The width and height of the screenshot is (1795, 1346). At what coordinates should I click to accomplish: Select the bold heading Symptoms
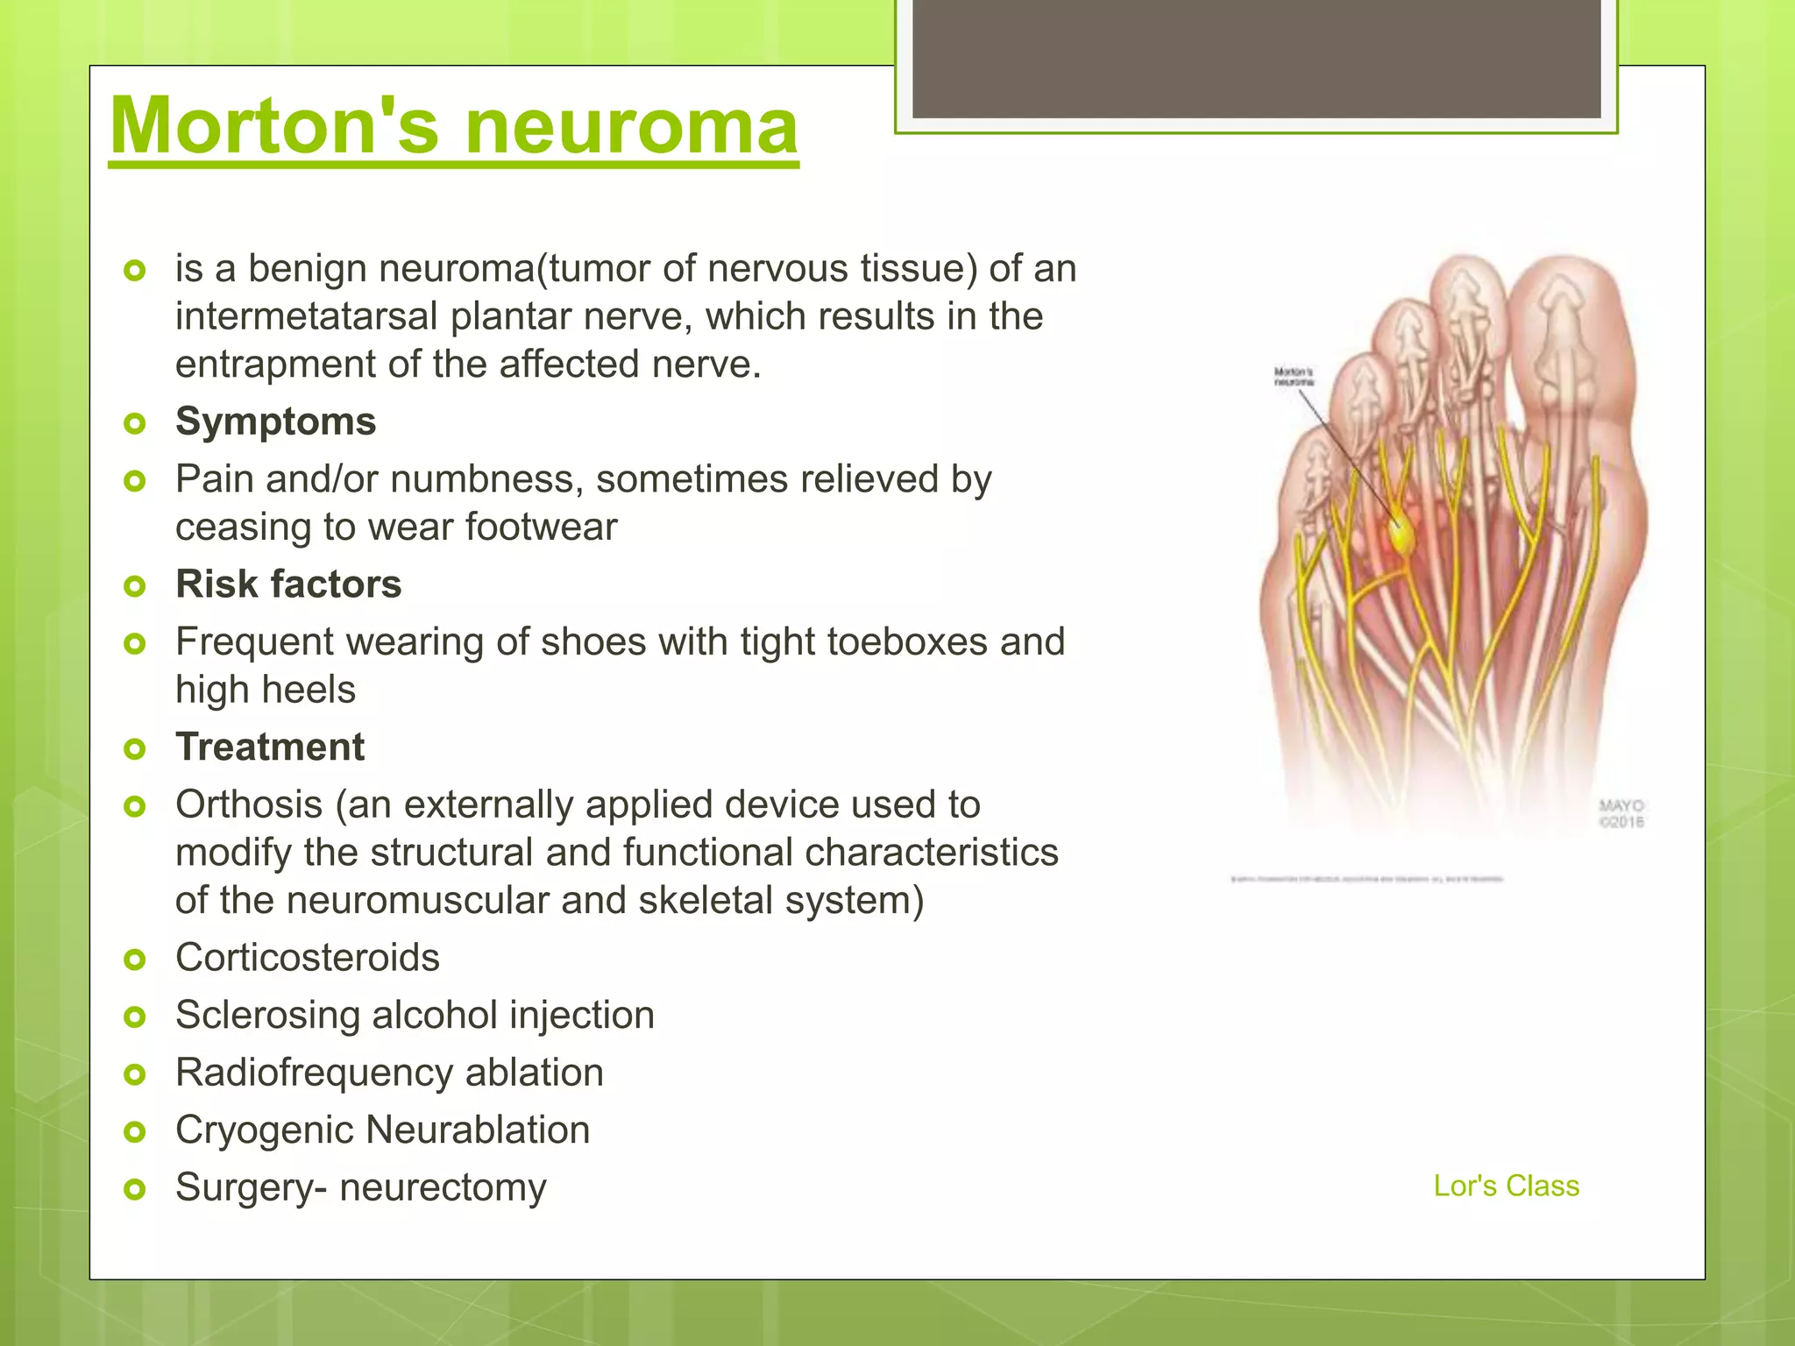pos(275,422)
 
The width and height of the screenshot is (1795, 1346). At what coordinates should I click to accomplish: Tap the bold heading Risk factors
pos(288,584)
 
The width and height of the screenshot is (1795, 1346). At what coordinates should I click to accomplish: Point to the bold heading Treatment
pos(270,747)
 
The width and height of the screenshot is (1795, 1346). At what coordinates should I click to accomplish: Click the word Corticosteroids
pos(307,958)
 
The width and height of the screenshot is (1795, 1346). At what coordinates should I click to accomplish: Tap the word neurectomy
pos(443,1188)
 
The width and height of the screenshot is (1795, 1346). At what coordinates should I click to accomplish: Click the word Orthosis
pos(249,804)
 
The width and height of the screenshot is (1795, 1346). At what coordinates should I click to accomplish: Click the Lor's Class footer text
pos(1506,1186)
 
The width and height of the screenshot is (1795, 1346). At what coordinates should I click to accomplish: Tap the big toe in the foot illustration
pos(1565,351)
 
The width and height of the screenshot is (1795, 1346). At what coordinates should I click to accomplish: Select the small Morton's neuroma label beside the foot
pos(1293,377)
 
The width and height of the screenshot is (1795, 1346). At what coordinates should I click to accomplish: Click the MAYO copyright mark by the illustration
pos(1621,813)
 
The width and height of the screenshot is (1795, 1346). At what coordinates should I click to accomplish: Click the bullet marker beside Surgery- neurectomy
pos(134,1189)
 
